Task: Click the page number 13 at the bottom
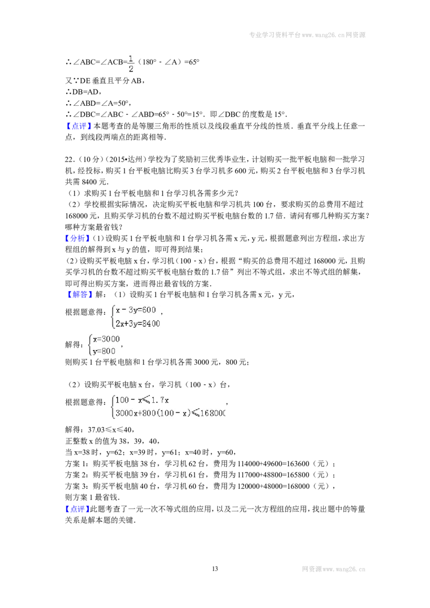[215, 568]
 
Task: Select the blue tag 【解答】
[79, 294]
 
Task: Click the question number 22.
[69, 160]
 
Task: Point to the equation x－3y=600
[136, 310]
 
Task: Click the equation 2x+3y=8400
[138, 323]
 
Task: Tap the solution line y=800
[104, 351]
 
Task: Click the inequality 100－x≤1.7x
[142, 400]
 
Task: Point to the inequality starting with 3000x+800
[170, 413]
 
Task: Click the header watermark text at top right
[307, 35]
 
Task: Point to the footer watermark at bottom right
[333, 569]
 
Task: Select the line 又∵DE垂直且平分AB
[105, 81]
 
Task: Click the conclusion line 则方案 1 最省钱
[92, 497]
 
